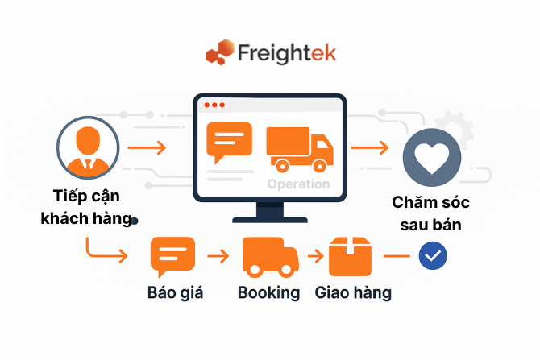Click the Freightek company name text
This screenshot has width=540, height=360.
click(x=286, y=53)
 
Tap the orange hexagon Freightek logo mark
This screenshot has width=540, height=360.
click(x=218, y=54)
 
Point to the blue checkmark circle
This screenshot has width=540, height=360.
click(x=433, y=256)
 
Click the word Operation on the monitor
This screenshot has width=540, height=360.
click(x=298, y=184)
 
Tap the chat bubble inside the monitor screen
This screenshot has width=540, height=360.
click(x=229, y=143)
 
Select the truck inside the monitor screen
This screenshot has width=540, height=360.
click(x=299, y=149)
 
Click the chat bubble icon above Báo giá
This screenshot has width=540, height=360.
click(x=172, y=256)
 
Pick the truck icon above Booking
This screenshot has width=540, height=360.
click(x=270, y=257)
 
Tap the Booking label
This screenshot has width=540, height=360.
click(x=268, y=292)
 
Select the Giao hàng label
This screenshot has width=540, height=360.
click(x=353, y=292)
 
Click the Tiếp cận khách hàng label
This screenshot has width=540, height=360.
click(x=86, y=207)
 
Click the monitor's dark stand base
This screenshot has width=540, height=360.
click(x=269, y=218)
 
